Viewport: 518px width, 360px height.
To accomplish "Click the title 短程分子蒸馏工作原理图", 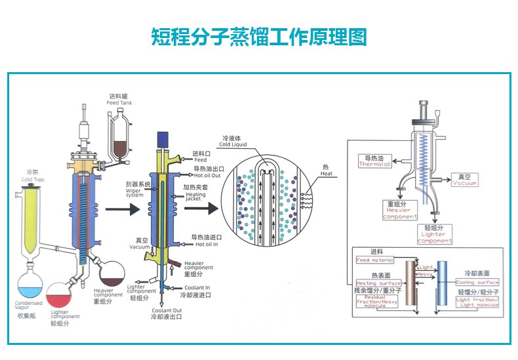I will click(x=258, y=37).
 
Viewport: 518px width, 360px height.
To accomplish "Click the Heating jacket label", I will click(x=195, y=195).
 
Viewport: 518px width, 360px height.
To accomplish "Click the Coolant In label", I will click(x=197, y=287).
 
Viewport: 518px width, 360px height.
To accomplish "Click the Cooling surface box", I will click(x=477, y=283).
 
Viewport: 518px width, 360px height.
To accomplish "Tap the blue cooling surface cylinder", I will click(x=441, y=283).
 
